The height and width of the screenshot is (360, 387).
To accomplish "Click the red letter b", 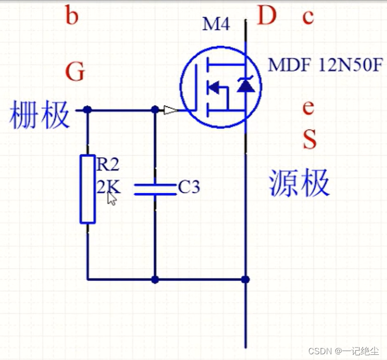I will pos(72,17).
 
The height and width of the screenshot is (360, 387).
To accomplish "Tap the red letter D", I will pos(267,17).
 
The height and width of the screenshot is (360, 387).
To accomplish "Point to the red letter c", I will pos(308,17).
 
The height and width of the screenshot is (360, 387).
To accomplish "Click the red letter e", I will pos(308,108).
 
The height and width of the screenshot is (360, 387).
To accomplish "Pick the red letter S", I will pos(309,140).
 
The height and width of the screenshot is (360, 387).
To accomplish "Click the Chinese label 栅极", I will pos(39,115).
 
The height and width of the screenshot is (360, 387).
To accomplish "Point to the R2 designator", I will pos(108,165).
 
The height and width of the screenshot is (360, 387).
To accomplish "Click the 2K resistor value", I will pos(107,186).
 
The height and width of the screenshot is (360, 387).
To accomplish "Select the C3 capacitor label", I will pos(189,187).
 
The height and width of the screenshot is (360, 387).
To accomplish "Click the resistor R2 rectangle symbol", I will pos(88,189).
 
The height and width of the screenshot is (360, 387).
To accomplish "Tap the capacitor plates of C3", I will pos(155,189).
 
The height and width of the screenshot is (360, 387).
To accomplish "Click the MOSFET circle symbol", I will pos(221,86).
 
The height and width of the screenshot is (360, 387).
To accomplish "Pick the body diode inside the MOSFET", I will pos(246,85).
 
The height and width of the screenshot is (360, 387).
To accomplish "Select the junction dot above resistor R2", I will pos(88,110).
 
